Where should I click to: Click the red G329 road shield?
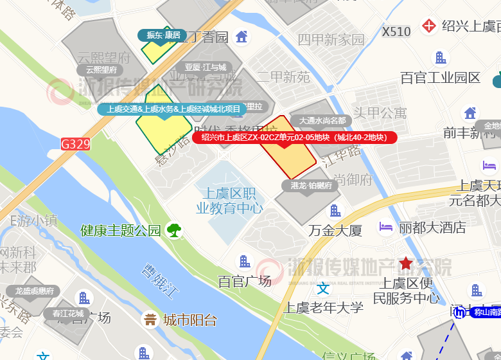[x=75, y=144]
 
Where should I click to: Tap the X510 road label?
[x=396, y=31]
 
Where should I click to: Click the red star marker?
[x=406, y=263]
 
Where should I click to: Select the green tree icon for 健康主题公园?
[x=173, y=230]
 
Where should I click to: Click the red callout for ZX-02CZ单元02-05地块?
[x=295, y=137]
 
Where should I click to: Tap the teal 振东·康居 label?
[x=163, y=35]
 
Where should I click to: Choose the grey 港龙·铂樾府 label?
[x=310, y=186]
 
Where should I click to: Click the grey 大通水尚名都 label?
[x=322, y=120]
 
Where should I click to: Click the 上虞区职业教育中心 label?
[x=229, y=201]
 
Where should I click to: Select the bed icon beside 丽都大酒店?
[x=386, y=226]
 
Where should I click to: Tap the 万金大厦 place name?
[x=335, y=230]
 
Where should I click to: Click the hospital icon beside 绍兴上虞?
[x=429, y=26]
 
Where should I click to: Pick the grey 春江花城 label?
[x=69, y=313]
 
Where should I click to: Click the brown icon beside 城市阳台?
[x=150, y=319]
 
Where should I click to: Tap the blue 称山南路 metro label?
[x=486, y=312]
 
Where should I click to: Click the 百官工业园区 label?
[x=441, y=78]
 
